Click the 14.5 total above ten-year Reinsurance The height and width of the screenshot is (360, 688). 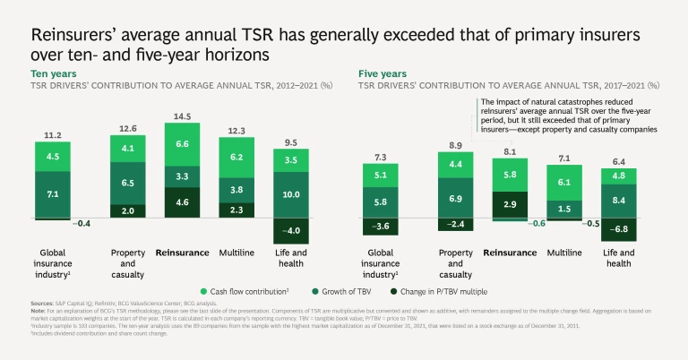[183, 116]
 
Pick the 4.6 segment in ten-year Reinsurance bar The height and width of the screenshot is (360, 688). [183, 203]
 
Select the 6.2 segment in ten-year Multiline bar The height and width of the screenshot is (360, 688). [236, 157]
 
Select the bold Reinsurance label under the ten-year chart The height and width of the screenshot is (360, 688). [183, 253]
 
